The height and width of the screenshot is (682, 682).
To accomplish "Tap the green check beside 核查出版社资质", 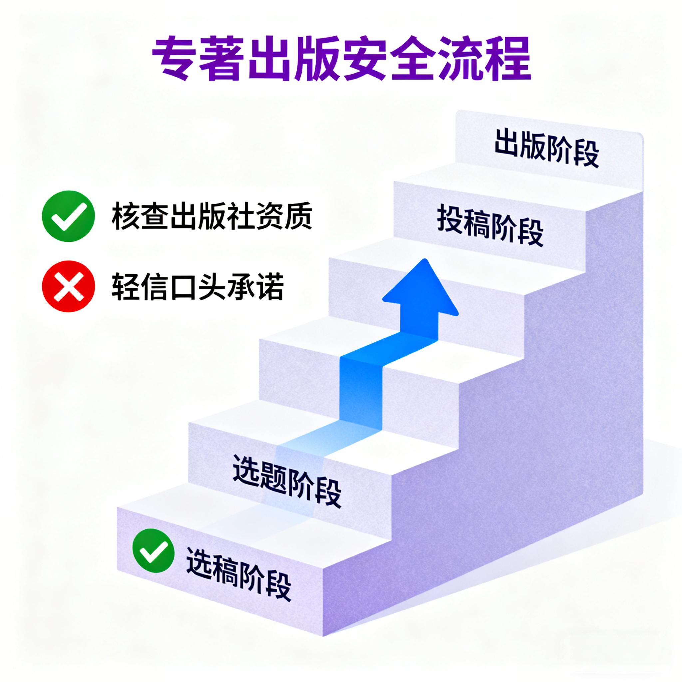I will click(68, 216).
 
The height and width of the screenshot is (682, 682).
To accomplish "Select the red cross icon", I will click(68, 286).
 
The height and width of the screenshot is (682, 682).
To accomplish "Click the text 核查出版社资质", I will click(211, 216).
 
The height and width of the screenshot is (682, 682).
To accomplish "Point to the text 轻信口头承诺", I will click(198, 286).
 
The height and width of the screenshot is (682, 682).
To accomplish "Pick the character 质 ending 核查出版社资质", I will click(297, 216).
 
